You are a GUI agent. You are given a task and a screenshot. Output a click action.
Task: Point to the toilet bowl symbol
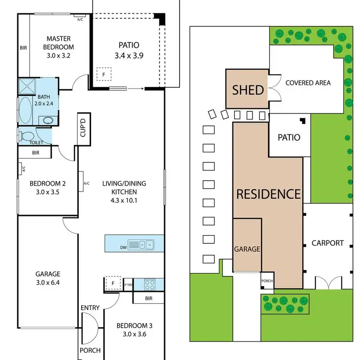[27, 136]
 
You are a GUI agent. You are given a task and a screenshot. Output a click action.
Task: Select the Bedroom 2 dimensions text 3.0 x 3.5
[47, 192]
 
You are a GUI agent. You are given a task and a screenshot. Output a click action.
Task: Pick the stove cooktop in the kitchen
[149, 285]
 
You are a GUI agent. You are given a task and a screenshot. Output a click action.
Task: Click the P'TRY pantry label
[128, 285]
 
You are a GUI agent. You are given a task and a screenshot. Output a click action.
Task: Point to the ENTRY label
[90, 307]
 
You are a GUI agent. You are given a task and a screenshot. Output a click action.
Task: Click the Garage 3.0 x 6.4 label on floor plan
[48, 278]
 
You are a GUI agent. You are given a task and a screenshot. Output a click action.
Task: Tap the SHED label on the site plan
[248, 90]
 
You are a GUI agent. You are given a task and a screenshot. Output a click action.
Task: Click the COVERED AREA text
[308, 83]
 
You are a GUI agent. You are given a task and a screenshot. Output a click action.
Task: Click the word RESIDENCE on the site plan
[268, 194]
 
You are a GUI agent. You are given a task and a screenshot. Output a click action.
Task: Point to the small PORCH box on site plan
[267, 281]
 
